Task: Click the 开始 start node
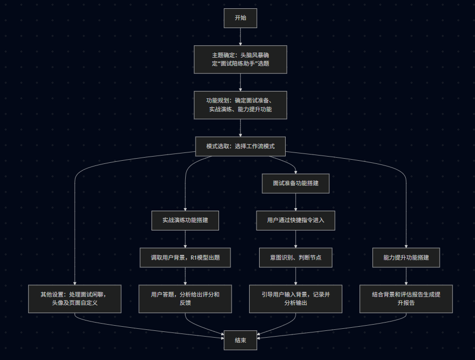pyautogui.click(x=240, y=18)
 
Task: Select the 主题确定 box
pyautogui.click(x=240, y=59)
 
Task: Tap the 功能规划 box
pyautogui.click(x=240, y=105)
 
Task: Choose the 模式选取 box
pyautogui.click(x=240, y=146)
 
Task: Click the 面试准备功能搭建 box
pyautogui.click(x=296, y=183)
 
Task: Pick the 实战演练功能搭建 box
pyautogui.click(x=185, y=220)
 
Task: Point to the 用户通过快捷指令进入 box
pyautogui.click(x=296, y=220)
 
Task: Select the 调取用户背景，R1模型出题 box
pyautogui.click(x=185, y=258)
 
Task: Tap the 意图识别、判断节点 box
pyautogui.click(x=296, y=258)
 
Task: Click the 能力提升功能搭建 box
pyautogui.click(x=406, y=258)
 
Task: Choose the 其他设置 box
pyautogui.click(x=75, y=299)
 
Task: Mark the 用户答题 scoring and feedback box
pyautogui.click(x=185, y=299)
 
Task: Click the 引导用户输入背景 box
pyautogui.click(x=296, y=299)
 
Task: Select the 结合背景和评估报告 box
pyautogui.click(x=406, y=299)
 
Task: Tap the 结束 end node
pyautogui.click(x=240, y=340)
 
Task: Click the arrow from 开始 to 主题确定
pyautogui.click(x=240, y=36)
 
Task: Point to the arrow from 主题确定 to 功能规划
pyautogui.click(x=240, y=82)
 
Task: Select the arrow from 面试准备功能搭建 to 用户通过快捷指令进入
pyautogui.click(x=296, y=202)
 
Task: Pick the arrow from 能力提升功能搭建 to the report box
pyautogui.click(x=406, y=276)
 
